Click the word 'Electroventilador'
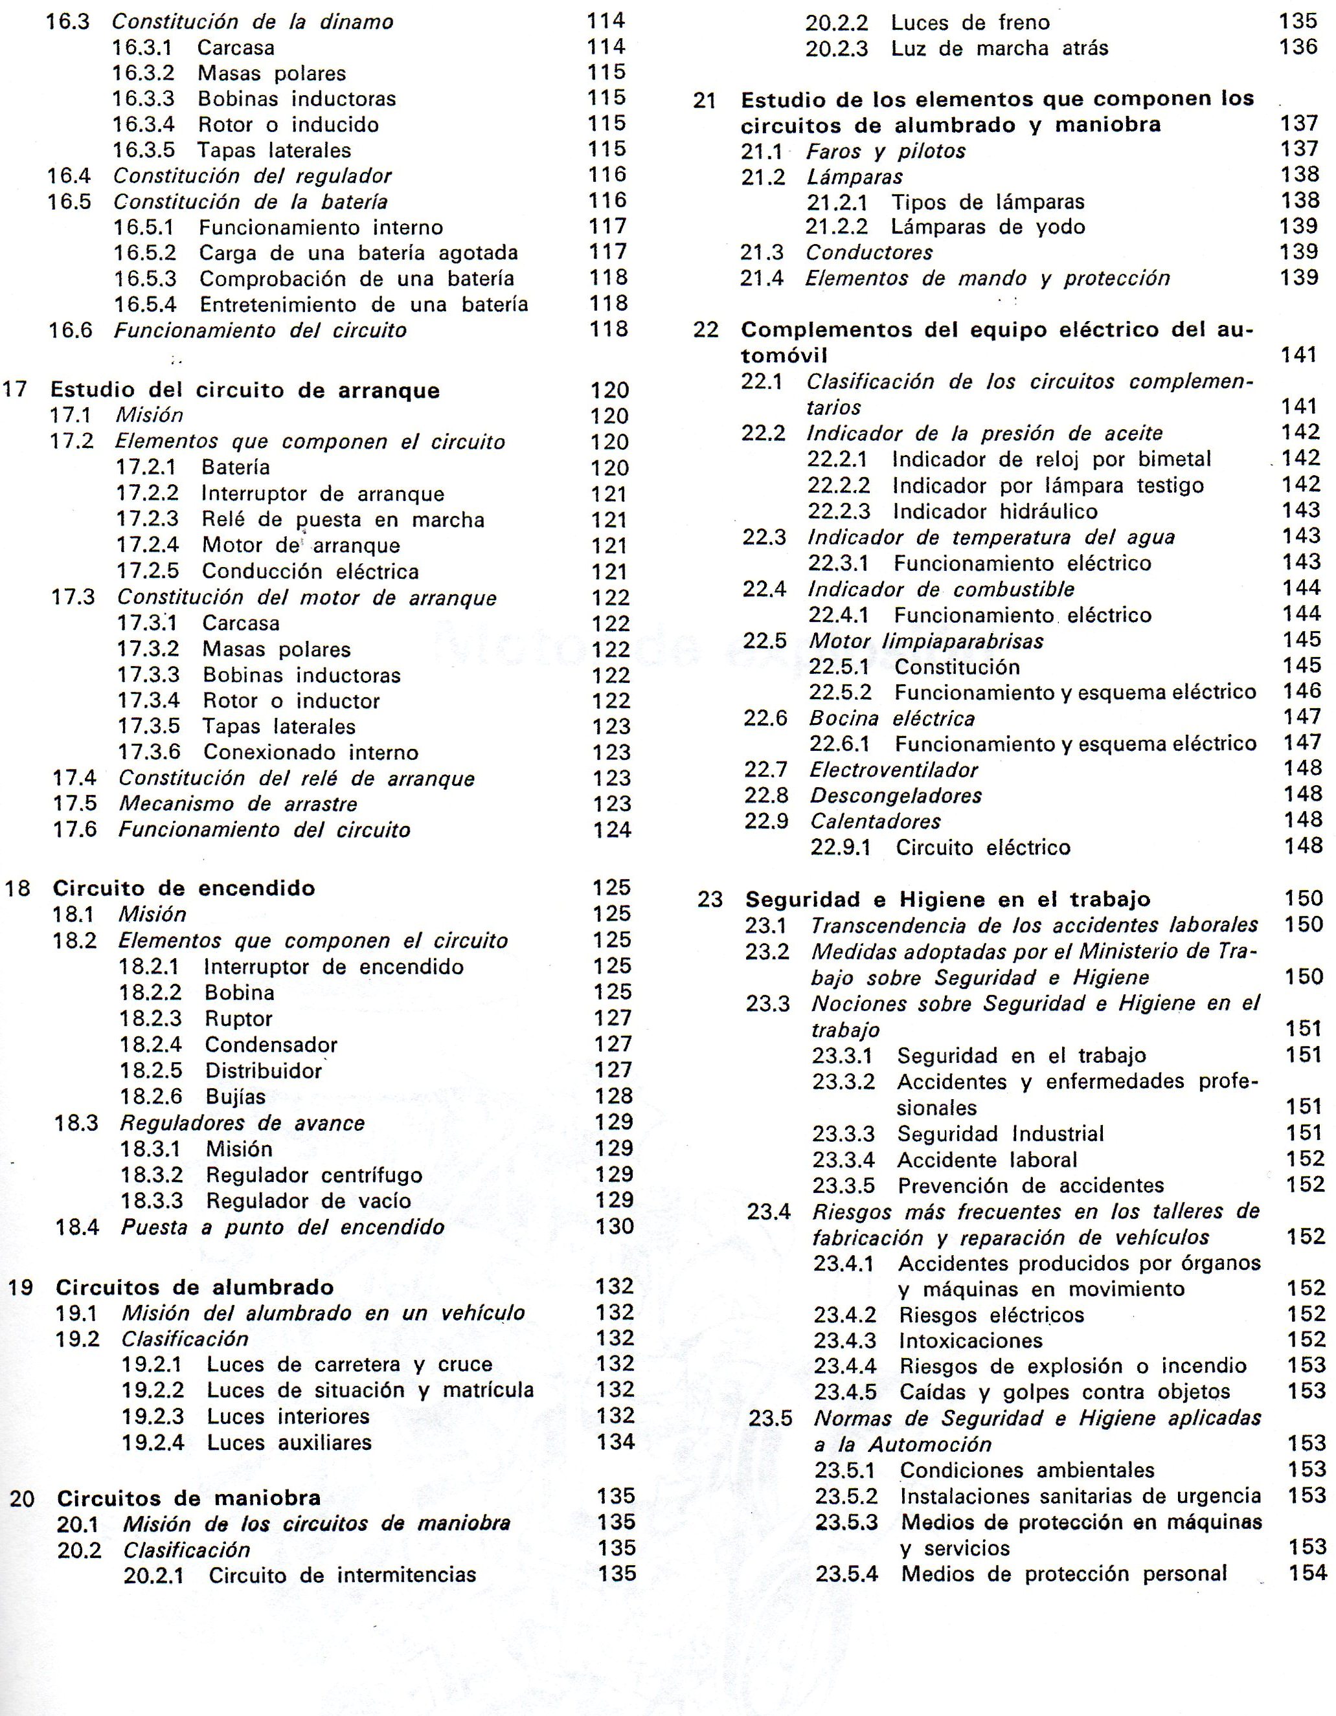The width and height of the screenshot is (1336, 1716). pyautogui.click(x=894, y=770)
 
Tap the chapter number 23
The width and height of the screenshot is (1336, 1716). pyautogui.click(x=710, y=900)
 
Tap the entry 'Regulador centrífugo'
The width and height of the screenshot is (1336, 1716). pyautogui.click(x=313, y=1176)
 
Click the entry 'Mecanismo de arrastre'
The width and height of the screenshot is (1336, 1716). pyautogui.click(x=238, y=805)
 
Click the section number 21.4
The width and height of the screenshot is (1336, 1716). pyautogui.click(x=762, y=279)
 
